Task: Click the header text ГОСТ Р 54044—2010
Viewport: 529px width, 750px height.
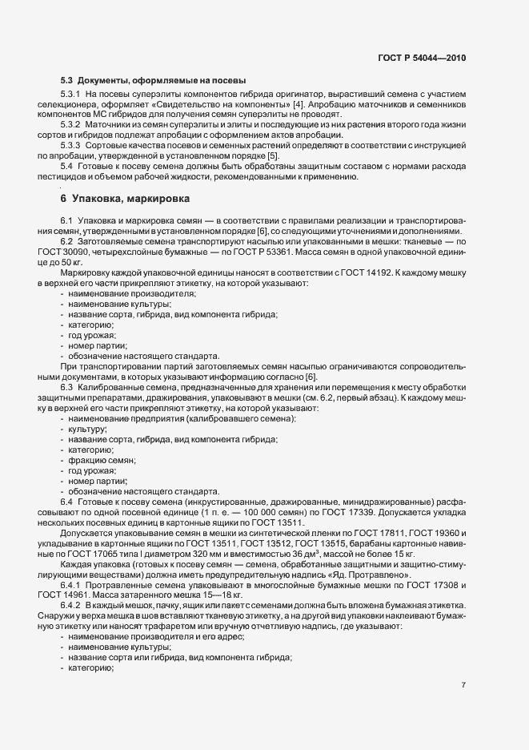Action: [423, 58]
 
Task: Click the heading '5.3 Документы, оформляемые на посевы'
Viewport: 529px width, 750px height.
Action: [153, 81]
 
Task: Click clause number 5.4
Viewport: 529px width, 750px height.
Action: [67, 167]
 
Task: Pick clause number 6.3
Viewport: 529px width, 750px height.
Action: [67, 386]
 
